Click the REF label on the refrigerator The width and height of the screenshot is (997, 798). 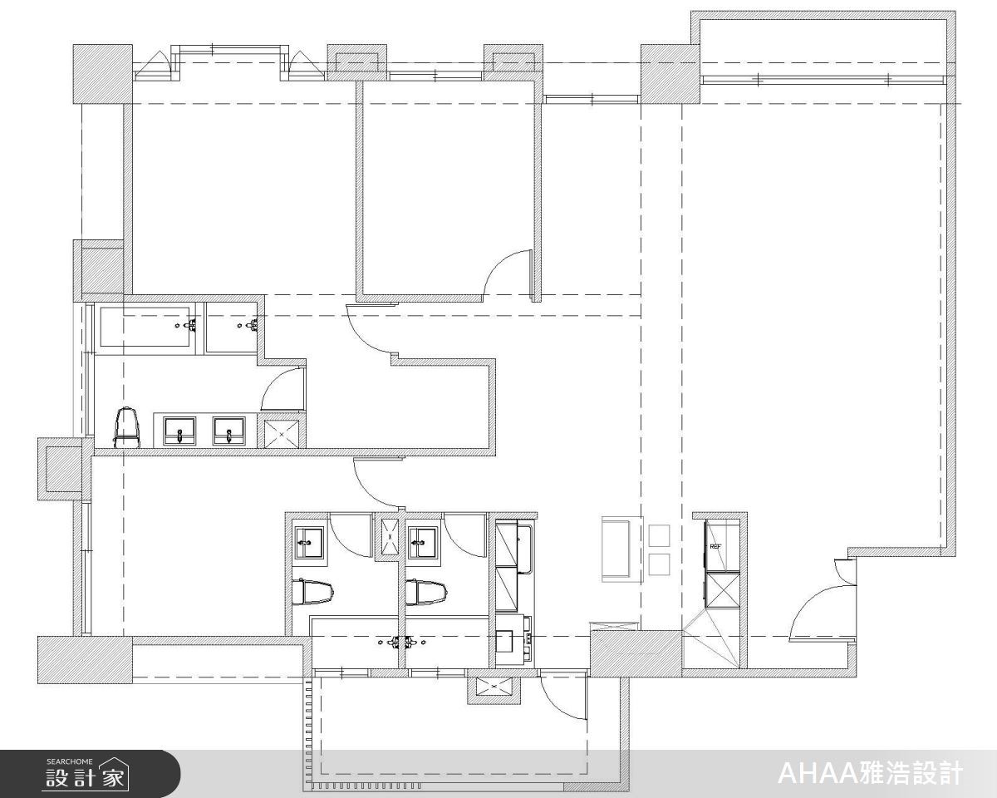(715, 546)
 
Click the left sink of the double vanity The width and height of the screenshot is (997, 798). (179, 431)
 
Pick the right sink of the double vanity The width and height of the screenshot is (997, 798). (229, 431)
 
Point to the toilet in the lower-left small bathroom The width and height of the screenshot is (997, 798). (313, 591)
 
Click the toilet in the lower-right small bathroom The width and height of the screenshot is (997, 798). (425, 592)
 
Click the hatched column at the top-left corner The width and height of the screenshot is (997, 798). (102, 73)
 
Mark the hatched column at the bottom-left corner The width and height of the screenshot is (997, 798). (84, 660)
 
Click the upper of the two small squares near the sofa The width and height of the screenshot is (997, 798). (659, 535)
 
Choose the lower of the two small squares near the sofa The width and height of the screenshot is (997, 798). (659, 564)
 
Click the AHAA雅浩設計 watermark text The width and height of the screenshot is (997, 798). (869, 774)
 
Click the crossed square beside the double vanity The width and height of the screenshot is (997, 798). (283, 433)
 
